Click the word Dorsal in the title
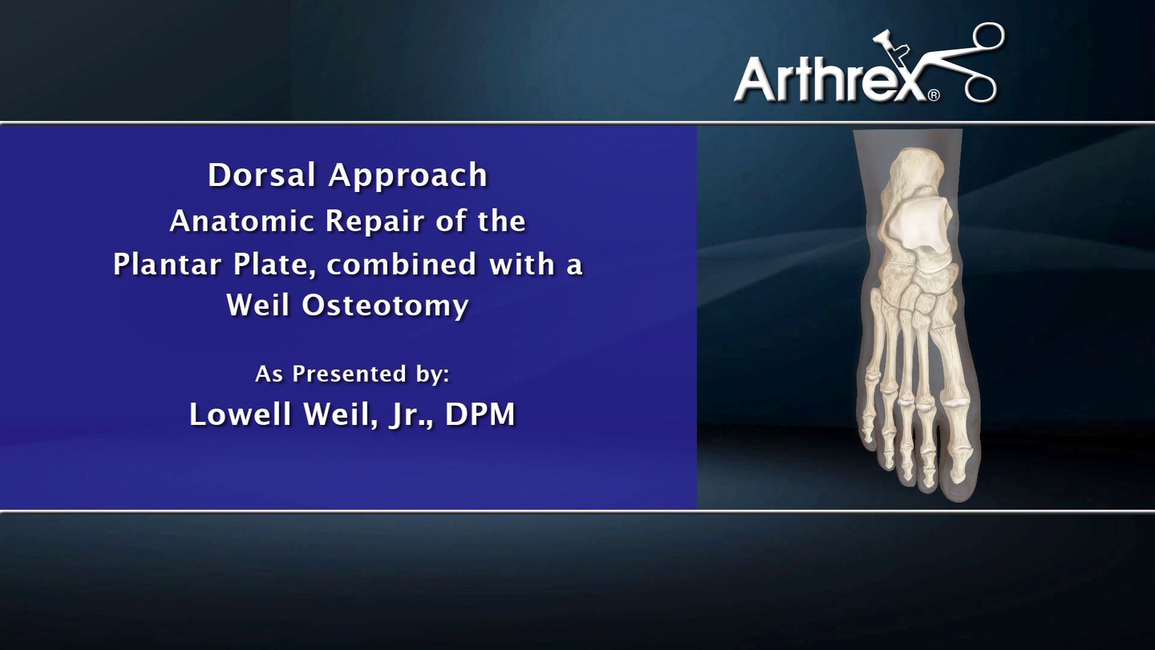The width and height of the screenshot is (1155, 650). tap(261, 175)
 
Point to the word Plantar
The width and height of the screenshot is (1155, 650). tap(167, 264)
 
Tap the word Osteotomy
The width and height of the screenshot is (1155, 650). tap(385, 305)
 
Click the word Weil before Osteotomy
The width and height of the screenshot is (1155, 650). tap(258, 305)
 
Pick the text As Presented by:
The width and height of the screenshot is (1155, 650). tap(352, 374)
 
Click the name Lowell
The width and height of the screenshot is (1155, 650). tap(240, 414)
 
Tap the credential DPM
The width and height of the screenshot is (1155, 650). tap(480, 414)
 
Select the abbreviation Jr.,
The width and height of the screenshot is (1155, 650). tap(411, 415)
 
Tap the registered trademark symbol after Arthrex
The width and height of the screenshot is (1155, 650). tap(934, 95)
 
